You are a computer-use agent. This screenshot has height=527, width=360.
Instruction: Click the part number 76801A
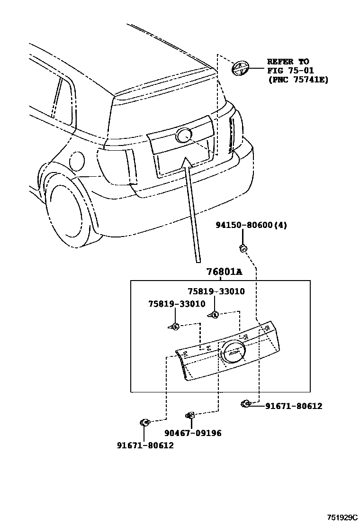[224, 272]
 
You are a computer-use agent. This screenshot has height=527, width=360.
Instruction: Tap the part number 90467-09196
[193, 433]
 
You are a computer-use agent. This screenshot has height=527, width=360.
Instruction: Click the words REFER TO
[288, 62]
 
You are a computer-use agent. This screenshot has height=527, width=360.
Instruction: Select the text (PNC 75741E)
[298, 80]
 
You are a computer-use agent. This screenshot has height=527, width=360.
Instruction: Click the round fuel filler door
[76, 162]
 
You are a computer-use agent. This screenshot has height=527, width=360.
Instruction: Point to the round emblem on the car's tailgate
[183, 136]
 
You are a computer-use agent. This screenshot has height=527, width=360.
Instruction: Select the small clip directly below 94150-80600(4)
[243, 247]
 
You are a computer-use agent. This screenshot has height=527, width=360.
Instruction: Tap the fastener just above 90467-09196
[190, 416]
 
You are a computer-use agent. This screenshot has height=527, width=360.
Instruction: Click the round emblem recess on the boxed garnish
[232, 353]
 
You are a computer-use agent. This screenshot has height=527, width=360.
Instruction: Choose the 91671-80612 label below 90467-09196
[145, 445]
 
